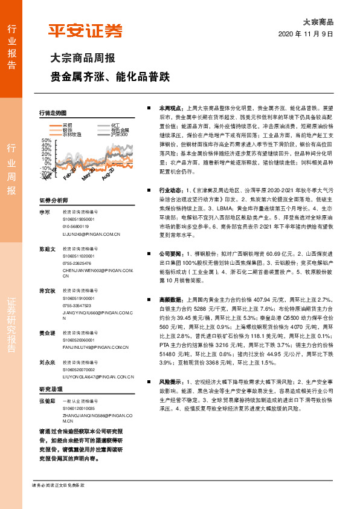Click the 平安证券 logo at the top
pos(86,31)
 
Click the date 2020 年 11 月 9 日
pos(306,34)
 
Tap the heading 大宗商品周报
pos(82,59)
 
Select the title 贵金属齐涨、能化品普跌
pos(110,77)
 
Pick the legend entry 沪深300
pos(120,135)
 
